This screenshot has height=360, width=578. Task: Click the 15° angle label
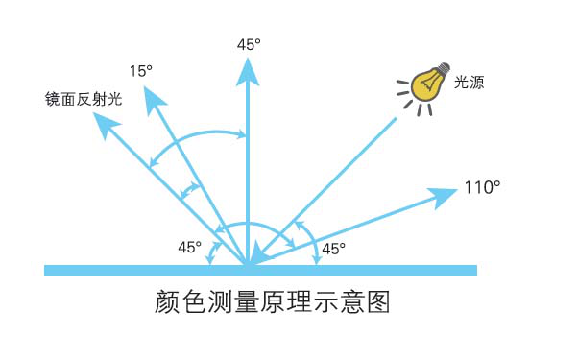click(x=141, y=71)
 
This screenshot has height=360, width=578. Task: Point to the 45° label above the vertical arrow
click(x=249, y=44)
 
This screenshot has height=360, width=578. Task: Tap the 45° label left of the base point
click(x=190, y=248)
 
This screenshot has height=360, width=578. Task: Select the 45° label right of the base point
click(x=333, y=248)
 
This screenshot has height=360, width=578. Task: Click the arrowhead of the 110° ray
click(x=445, y=196)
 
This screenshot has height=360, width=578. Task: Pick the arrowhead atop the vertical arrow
click(x=249, y=69)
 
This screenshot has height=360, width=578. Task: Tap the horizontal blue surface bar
click(x=384, y=270)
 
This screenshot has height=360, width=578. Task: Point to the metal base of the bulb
click(x=443, y=71)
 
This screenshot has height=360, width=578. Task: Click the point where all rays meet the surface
click(x=249, y=264)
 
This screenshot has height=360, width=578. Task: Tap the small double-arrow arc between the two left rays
click(x=191, y=189)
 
